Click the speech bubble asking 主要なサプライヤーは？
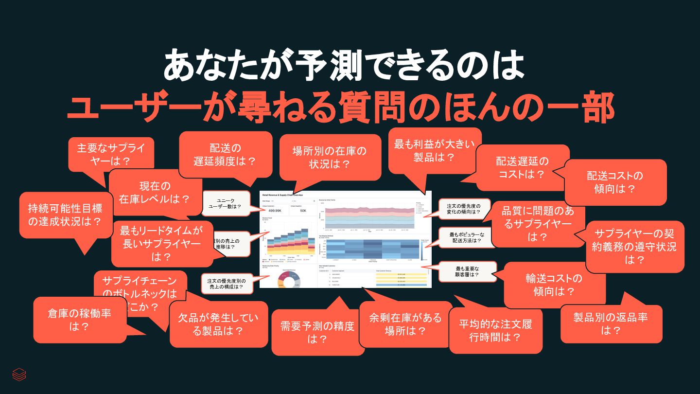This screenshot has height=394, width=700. [111, 154]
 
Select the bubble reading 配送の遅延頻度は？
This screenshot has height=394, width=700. [225, 154]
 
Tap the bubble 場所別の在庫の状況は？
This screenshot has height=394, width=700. [330, 157]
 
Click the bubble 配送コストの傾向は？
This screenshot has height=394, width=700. [615, 181]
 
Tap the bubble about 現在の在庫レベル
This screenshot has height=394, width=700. [155, 192]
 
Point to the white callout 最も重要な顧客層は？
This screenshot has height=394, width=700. [468, 271]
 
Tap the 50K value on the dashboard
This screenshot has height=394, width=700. [303, 211]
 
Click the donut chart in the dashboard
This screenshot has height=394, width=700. [289, 280]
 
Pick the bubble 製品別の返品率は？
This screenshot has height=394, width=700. [611, 323]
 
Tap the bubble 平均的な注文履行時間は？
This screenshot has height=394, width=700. [495, 330]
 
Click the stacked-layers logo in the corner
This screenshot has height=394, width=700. [19, 374]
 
